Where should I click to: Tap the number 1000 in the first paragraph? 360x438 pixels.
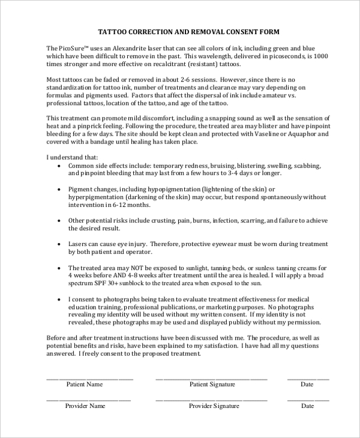[x=320, y=55]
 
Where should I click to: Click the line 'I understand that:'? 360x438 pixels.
[x=73, y=157]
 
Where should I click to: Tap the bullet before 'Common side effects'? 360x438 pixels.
[x=59, y=165]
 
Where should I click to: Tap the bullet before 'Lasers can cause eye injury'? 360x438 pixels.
[x=59, y=244]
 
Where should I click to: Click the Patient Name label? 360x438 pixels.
[x=84, y=384]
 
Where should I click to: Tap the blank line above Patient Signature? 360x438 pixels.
[x=212, y=379]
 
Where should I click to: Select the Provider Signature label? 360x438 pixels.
[x=214, y=406]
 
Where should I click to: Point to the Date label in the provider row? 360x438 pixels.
[x=307, y=406]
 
